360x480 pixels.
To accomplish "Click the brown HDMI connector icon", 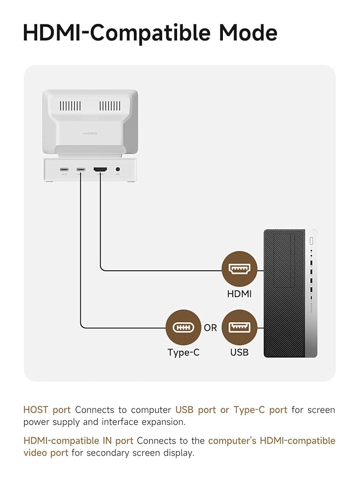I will tap(239, 269).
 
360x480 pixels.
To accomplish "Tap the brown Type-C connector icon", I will tap(183, 327).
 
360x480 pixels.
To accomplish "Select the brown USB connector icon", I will tap(239, 327).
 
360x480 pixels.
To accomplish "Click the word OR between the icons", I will tap(210, 328).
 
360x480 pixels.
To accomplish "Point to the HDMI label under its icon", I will tap(239, 294).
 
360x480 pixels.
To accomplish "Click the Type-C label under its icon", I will tap(183, 352).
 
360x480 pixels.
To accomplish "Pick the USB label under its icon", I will tap(239, 352).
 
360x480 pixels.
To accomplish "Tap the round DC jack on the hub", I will tap(118, 170).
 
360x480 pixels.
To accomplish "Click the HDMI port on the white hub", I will tap(101, 170).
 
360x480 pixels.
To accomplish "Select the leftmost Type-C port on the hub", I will tap(63, 170).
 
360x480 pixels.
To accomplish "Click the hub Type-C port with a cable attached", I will tap(81, 170).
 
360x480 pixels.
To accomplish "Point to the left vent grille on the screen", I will tap(70, 106).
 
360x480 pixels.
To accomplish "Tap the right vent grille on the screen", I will tap(110, 106).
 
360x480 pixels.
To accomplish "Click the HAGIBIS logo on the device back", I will tap(90, 133).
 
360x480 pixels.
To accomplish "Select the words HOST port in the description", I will tap(47, 410).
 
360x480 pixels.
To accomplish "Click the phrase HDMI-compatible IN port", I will tap(78, 440).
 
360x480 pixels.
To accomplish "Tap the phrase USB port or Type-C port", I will tap(231, 410).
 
